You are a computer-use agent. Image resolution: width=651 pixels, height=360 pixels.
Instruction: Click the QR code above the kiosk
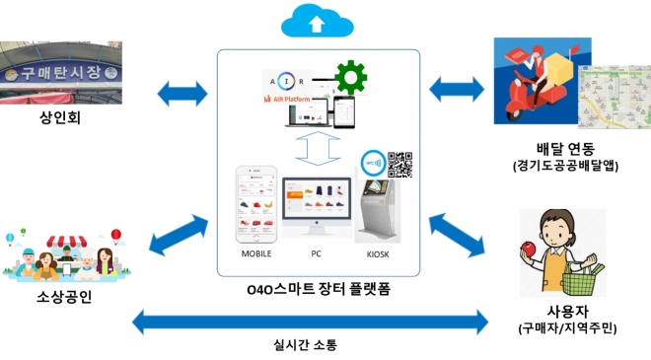click(x=399, y=163)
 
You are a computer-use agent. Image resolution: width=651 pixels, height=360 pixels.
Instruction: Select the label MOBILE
click(x=255, y=252)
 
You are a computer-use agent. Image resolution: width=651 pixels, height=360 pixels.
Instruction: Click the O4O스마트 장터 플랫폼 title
click(x=319, y=288)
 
